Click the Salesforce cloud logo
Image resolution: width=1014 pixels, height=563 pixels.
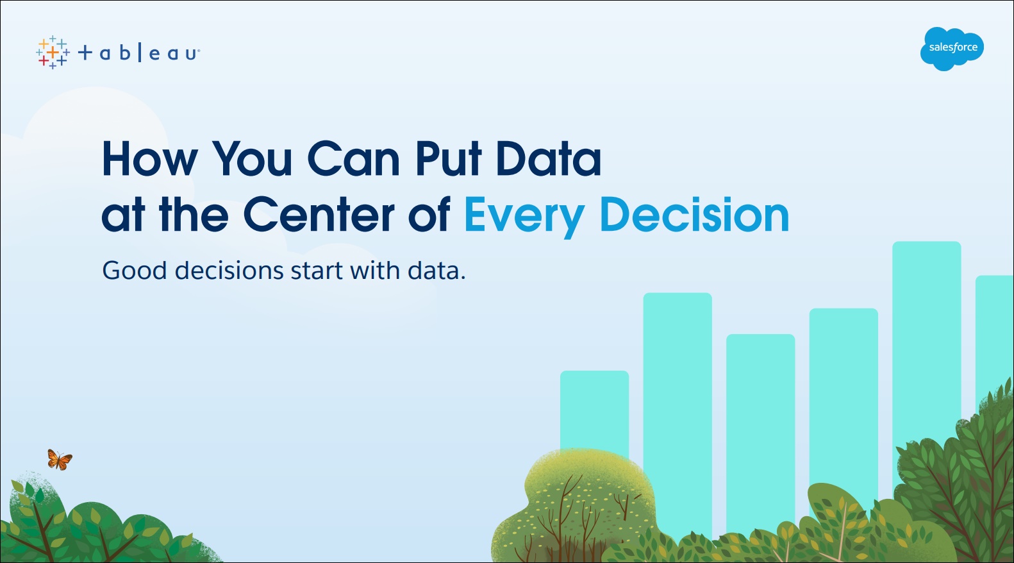click(952, 49)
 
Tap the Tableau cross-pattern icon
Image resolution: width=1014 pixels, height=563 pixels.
click(53, 53)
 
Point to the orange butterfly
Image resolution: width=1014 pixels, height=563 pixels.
click(60, 460)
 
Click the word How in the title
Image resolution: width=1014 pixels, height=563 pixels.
click(150, 158)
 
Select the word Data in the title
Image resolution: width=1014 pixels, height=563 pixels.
click(549, 158)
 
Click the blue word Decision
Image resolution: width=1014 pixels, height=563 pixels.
click(694, 214)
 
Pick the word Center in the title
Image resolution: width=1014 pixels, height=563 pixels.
click(319, 214)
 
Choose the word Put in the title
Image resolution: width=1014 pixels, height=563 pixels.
click(448, 158)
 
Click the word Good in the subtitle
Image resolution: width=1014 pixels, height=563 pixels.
click(135, 271)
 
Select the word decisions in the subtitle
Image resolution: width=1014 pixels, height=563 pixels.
click(229, 271)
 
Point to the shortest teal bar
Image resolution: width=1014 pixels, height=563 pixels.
click(594, 412)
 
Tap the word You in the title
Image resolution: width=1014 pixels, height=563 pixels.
click(252, 158)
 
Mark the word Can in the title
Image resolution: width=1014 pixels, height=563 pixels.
click(354, 158)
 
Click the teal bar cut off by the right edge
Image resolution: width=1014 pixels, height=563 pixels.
click(994, 335)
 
